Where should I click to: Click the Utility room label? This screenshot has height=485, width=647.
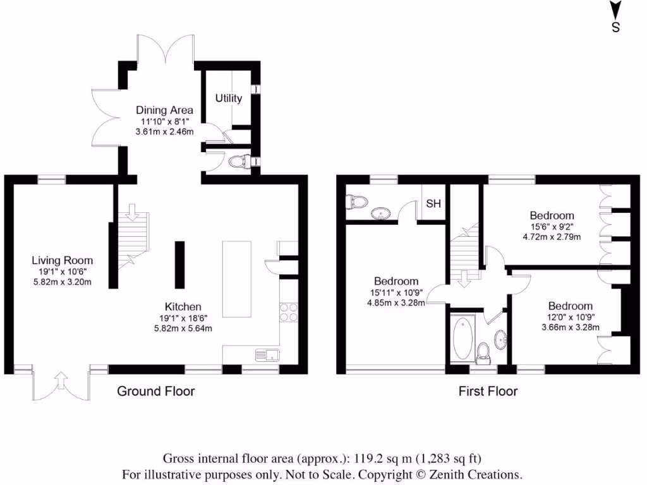[228, 99]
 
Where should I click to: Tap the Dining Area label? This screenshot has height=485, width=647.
[164, 110]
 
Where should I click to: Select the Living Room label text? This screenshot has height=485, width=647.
[63, 260]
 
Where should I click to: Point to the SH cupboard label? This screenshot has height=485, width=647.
[433, 203]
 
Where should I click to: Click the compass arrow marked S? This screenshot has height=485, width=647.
[615, 10]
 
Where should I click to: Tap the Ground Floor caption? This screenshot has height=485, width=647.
[155, 391]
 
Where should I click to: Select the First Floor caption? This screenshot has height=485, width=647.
[488, 392]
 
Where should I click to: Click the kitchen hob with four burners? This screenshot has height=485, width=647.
[289, 312]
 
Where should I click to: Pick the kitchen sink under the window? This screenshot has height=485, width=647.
[267, 355]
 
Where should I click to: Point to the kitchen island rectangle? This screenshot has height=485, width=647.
[236, 279]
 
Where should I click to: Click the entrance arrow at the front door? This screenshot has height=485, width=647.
[61, 380]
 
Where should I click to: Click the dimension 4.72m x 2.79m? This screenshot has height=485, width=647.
[552, 237]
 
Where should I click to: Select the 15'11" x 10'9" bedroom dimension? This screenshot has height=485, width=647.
[396, 292]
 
